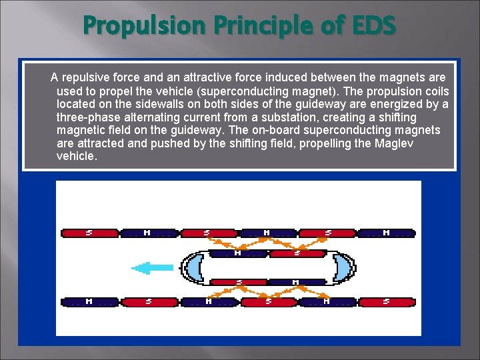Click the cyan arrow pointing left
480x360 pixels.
153,268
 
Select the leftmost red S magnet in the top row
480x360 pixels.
89,233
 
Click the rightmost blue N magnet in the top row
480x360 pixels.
386,233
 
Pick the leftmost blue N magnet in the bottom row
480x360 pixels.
89,302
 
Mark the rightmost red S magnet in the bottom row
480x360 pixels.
386,302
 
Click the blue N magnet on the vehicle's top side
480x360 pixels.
238,253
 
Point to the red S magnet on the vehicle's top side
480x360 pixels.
297,253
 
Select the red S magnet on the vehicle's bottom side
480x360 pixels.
238,283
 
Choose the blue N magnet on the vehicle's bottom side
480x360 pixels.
297,283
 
